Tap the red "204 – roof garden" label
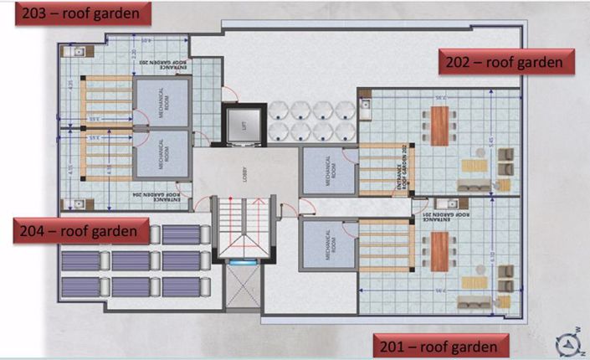click(x=81, y=230)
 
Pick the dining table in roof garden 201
click(x=437, y=252)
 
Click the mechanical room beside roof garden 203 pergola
click(x=162, y=102)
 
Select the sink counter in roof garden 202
click(x=366, y=105)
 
